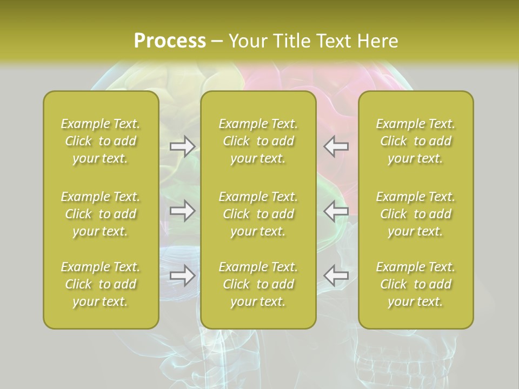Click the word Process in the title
(x=170, y=41)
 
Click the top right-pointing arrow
(x=182, y=146)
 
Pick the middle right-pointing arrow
(x=182, y=210)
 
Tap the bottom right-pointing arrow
(x=182, y=275)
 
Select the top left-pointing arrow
(x=336, y=146)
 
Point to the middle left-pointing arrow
(x=336, y=210)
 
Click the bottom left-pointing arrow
(x=336, y=275)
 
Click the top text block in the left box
(x=101, y=141)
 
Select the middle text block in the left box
(x=101, y=214)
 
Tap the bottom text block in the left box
(x=101, y=284)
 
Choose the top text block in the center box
(x=258, y=141)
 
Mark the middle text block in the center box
(x=258, y=214)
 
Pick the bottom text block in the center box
(x=258, y=284)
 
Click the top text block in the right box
(x=416, y=141)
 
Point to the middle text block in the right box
(x=416, y=214)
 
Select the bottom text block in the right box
(x=416, y=284)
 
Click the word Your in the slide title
(x=247, y=41)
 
